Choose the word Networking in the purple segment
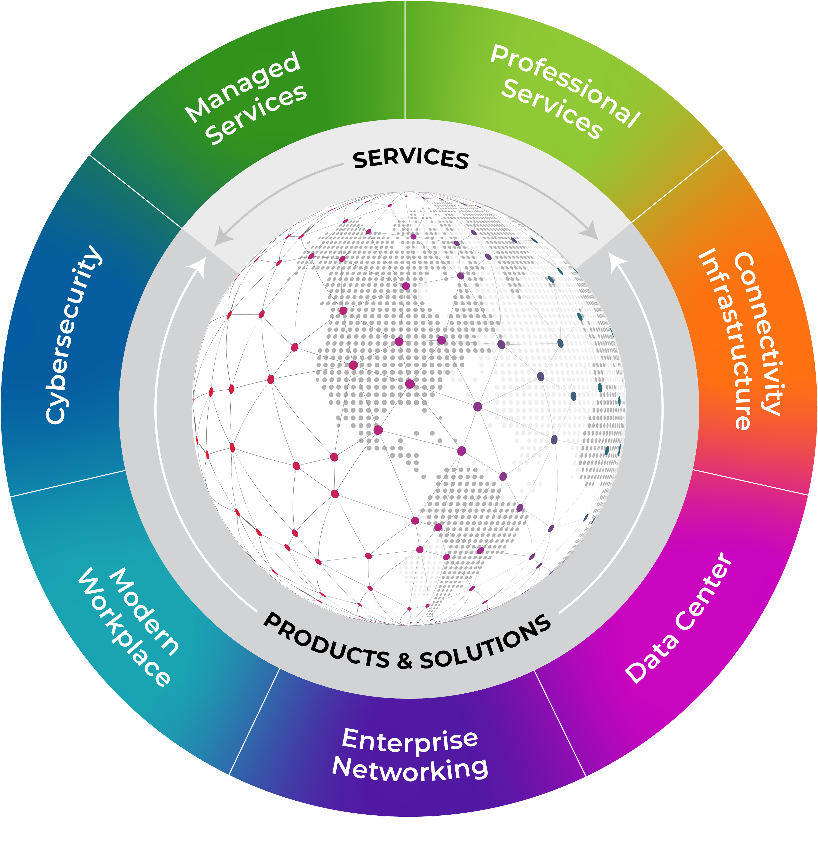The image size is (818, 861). coord(410,769)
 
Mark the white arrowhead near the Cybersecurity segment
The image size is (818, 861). coord(199,266)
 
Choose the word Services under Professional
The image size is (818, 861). coord(552,109)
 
